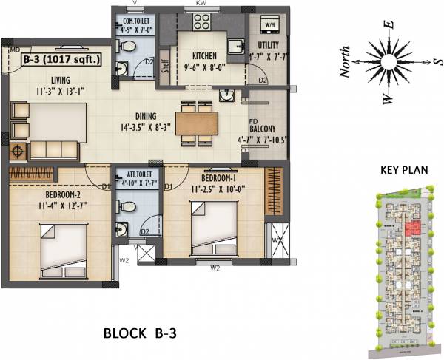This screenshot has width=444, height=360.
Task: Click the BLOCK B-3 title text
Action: click(138, 333)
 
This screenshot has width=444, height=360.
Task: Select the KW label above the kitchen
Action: click(199, 4)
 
